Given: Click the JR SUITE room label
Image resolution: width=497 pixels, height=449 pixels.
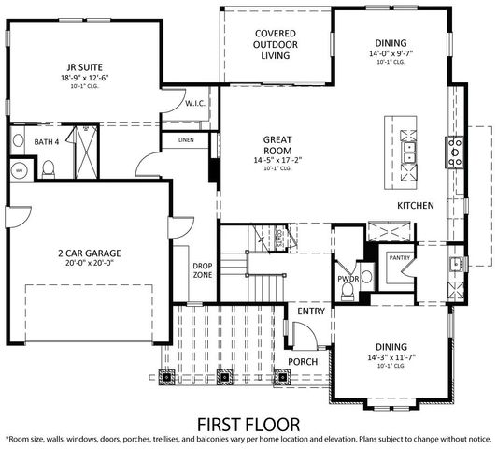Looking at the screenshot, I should pyautogui.click(x=83, y=68).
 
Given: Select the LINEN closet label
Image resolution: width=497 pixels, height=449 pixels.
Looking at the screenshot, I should pyautogui.click(x=185, y=140).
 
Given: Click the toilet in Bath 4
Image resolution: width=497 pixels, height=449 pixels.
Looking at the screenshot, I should pyautogui.click(x=49, y=169).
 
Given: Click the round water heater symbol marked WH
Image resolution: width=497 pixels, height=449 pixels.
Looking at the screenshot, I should pyautogui.click(x=19, y=170).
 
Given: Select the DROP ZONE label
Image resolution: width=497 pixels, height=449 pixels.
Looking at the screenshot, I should pyautogui.click(x=203, y=270).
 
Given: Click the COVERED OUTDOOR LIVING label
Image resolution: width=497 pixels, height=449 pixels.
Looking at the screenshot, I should pyautogui.click(x=276, y=44).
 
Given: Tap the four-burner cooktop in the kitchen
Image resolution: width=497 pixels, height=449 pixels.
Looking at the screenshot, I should pyautogui.click(x=455, y=150).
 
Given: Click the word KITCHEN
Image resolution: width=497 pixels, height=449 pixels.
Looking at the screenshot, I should pyautogui.click(x=415, y=205).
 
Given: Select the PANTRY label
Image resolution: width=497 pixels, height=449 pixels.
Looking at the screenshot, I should pyautogui.click(x=400, y=255).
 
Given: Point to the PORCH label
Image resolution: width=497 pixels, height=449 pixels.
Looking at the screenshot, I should pyautogui.click(x=302, y=361).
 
